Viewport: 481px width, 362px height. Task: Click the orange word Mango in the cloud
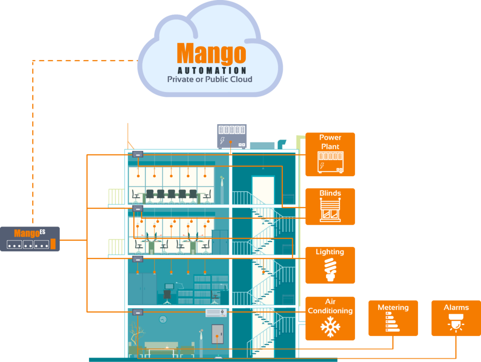point(211,53)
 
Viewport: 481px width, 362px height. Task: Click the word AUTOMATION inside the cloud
point(212,70)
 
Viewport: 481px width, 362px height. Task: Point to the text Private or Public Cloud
point(209,79)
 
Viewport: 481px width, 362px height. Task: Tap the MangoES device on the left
point(30,239)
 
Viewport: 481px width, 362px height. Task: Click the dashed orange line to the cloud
point(33,144)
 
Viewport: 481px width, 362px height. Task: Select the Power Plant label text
point(330,142)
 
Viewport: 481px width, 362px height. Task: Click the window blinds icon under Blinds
point(330,210)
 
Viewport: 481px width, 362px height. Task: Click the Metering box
point(393,318)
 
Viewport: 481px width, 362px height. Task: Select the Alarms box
point(456,318)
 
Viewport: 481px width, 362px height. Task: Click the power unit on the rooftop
point(232,136)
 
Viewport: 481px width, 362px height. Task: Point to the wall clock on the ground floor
point(163,319)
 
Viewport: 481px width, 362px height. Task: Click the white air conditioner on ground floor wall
point(216,313)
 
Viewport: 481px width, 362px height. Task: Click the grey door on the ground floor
point(218,336)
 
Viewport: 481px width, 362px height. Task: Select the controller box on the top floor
point(138,155)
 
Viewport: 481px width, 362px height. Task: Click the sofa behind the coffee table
point(164,347)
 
